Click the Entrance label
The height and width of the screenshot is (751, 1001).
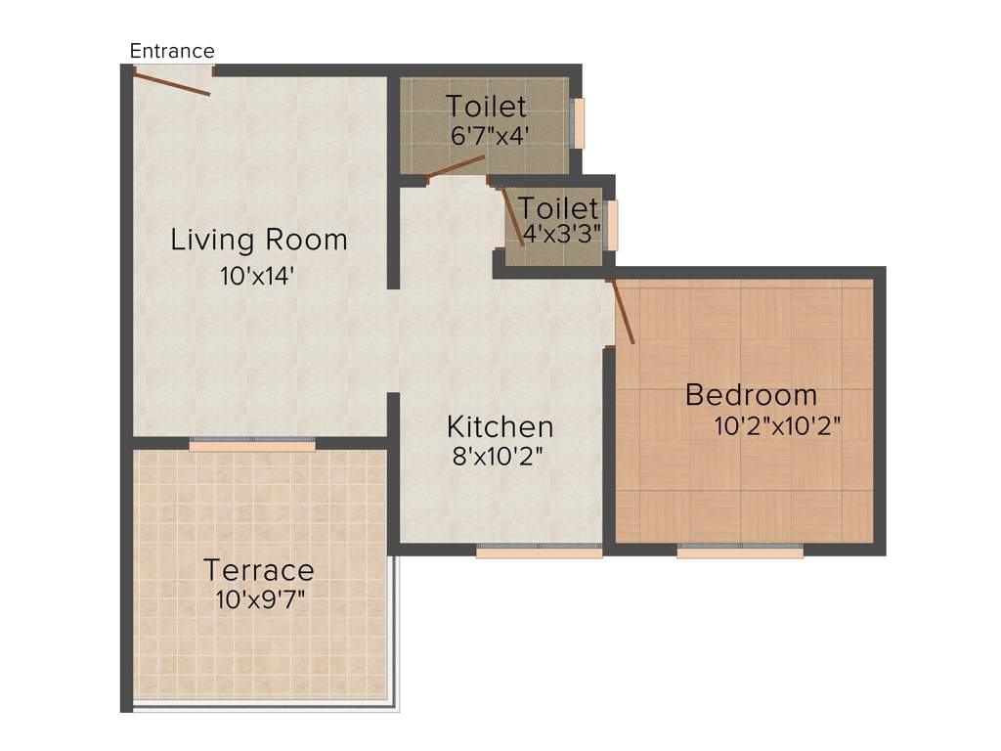172,51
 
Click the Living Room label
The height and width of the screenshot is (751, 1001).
259,240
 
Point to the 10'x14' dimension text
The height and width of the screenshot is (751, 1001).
258,277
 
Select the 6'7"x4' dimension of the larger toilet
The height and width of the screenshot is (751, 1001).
490,136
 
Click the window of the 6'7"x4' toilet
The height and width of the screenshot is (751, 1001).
578,123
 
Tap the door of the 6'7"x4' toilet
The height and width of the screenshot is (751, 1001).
457,167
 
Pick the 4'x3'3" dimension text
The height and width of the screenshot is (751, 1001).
560,236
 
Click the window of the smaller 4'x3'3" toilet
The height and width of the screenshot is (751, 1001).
612,225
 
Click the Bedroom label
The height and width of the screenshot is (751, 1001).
751,395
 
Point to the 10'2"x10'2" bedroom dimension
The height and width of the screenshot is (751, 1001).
778,426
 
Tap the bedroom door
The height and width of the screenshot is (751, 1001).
622,312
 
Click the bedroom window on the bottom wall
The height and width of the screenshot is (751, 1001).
740,552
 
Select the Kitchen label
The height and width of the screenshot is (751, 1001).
500,427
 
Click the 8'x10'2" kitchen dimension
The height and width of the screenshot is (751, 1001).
498,457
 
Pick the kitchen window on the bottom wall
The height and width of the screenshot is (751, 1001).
539,552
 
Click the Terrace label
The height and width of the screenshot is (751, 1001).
259,569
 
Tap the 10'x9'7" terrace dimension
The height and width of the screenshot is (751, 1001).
261,599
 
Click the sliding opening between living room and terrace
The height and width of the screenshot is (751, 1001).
252,444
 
